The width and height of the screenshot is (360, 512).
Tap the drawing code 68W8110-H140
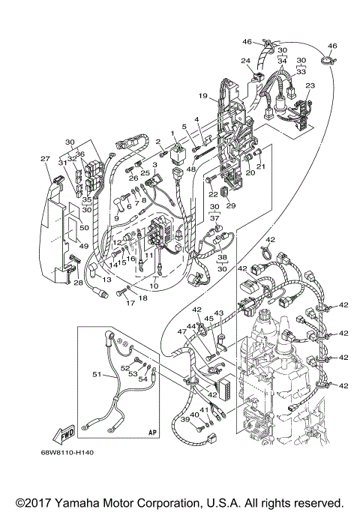73,452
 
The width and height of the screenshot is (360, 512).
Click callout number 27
44,158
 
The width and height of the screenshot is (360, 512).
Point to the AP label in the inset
152,433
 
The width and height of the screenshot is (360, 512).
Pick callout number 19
202,96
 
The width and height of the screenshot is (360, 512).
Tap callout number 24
244,60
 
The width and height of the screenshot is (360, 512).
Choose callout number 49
83,246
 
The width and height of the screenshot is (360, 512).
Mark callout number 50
83,226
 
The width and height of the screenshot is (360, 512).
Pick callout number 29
231,205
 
